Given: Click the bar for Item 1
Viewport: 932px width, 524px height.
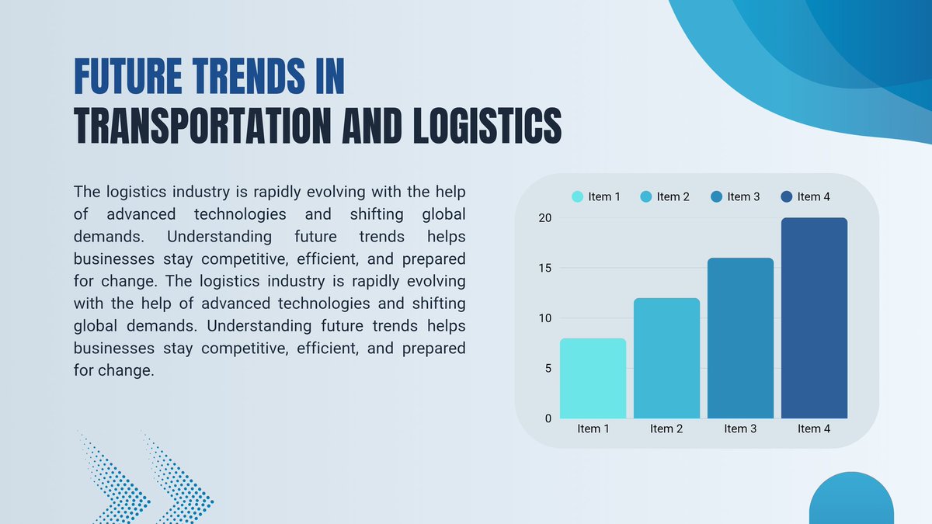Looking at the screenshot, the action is pos(593,378).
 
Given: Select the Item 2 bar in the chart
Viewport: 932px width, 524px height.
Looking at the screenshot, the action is pos(666,358).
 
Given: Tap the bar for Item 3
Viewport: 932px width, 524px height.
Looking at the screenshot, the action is pos(741,338).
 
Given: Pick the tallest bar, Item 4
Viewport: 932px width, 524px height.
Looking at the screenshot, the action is pos(814,318).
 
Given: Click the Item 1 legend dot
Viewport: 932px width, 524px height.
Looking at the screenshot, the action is pos(578,196).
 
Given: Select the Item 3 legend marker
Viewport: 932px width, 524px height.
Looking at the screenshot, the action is pos(716,196).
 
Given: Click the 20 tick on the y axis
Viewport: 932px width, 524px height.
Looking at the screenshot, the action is pos(545,218).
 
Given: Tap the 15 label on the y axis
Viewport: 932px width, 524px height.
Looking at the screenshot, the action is pos(545,269).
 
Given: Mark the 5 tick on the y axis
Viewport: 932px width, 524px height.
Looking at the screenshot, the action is pos(548,369).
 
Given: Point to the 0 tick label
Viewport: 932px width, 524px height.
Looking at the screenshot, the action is pos(548,418).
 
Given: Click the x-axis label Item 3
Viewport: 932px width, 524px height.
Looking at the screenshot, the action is pos(740,429).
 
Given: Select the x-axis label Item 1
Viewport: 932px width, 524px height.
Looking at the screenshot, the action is pos(593,429).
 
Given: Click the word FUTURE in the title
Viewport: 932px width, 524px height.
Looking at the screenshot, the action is pos(128,76).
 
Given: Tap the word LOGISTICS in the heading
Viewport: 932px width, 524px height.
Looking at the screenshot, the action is pos(488,126).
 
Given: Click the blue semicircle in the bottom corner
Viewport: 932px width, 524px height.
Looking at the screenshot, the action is pos(851,498).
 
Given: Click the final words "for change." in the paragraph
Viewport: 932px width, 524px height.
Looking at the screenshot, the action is pos(114,370).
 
